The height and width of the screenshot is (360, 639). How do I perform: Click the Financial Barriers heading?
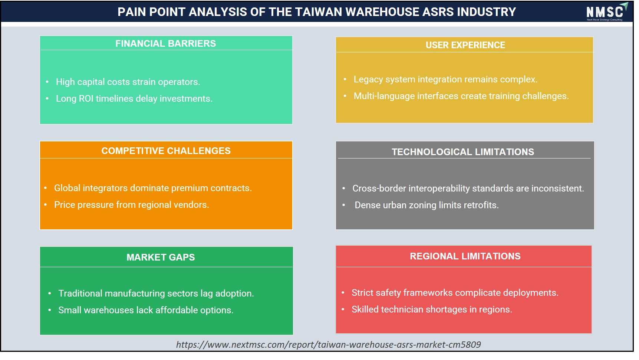click(x=165, y=43)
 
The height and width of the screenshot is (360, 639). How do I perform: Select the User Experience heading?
click(x=465, y=45)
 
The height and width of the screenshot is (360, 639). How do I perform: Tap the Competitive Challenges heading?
click(x=166, y=151)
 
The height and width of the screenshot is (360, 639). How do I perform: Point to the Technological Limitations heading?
click(x=463, y=152)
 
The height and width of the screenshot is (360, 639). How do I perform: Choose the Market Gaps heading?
click(x=161, y=257)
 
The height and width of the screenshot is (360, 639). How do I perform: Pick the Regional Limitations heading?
click(x=465, y=256)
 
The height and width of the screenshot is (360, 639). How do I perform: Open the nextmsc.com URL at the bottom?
click(x=329, y=345)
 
